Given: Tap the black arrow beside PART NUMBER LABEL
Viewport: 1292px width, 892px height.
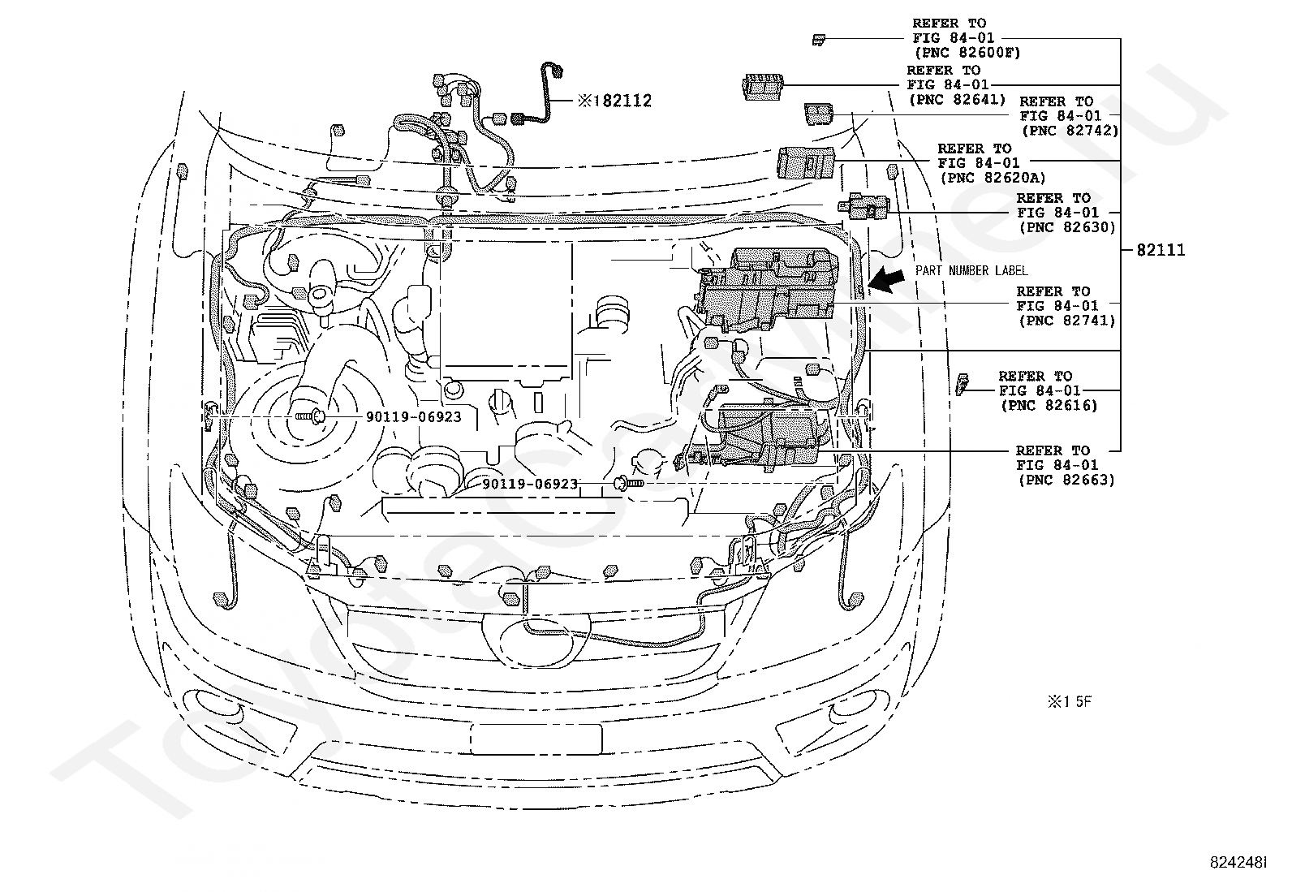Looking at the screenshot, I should (885, 281).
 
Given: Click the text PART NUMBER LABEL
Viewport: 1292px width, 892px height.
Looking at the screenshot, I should (971, 270).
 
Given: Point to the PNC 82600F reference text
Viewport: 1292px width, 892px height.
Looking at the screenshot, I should (966, 53).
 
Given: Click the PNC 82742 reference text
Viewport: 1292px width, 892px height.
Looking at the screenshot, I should (1069, 130).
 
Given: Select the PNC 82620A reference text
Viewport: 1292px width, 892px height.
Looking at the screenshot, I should (992, 178).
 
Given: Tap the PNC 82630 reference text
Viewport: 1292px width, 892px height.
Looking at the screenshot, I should (1066, 227).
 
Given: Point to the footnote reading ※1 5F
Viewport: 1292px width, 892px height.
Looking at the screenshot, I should (1070, 701).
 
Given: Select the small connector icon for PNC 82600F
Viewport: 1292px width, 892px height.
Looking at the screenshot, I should (820, 38).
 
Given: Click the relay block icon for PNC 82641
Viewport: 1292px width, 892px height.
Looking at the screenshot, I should (763, 86).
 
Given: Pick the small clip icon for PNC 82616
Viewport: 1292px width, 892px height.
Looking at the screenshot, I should (963, 383).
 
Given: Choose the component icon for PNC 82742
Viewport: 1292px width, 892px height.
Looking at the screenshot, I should (816, 114).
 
